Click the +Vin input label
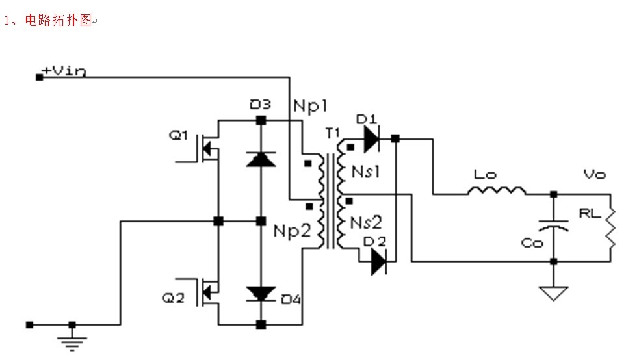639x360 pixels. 63,71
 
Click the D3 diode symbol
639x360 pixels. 261,158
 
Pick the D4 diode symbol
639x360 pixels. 261,294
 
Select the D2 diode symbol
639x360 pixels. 379,261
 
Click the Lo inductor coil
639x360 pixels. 496,190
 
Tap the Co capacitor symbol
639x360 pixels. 553,225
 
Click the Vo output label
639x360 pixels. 594,175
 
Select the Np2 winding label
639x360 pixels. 292,230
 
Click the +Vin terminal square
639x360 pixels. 40,77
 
